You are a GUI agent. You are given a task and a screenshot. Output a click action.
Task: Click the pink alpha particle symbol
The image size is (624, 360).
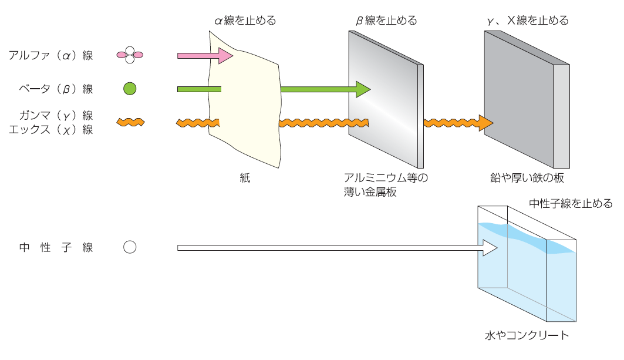coord(130,56)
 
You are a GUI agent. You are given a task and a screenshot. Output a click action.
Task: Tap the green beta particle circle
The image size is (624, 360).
coord(130,89)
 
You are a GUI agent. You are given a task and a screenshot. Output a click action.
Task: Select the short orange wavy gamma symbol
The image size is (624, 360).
coord(130,122)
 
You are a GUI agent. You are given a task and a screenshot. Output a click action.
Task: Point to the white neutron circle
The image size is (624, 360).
coord(130,247)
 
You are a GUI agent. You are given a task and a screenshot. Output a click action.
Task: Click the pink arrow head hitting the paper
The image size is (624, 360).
coord(226,56)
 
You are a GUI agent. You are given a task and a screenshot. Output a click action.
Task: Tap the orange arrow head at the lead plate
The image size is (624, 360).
coord(485,123)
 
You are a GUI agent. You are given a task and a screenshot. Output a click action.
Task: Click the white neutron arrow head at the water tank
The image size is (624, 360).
coord(490,248)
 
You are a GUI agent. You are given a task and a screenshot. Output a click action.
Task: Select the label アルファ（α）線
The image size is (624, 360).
coord(50,56)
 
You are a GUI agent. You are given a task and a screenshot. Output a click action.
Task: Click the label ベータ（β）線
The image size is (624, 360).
coord(56,89)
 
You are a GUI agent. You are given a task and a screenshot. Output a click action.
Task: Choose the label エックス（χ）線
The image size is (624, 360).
coord(50,130)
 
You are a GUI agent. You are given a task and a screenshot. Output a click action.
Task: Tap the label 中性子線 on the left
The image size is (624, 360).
coord(56,248)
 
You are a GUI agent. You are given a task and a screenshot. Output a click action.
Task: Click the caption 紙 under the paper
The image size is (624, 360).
coord(245,178)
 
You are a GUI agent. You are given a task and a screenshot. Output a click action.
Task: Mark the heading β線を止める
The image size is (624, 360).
coord(386,21)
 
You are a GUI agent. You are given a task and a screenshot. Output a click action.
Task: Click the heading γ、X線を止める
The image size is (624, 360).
coord(527,21)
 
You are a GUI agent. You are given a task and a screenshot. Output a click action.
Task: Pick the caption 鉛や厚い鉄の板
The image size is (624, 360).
coord(527,178)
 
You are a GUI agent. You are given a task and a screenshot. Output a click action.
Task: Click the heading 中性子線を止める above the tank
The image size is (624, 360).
coord(570,204)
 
